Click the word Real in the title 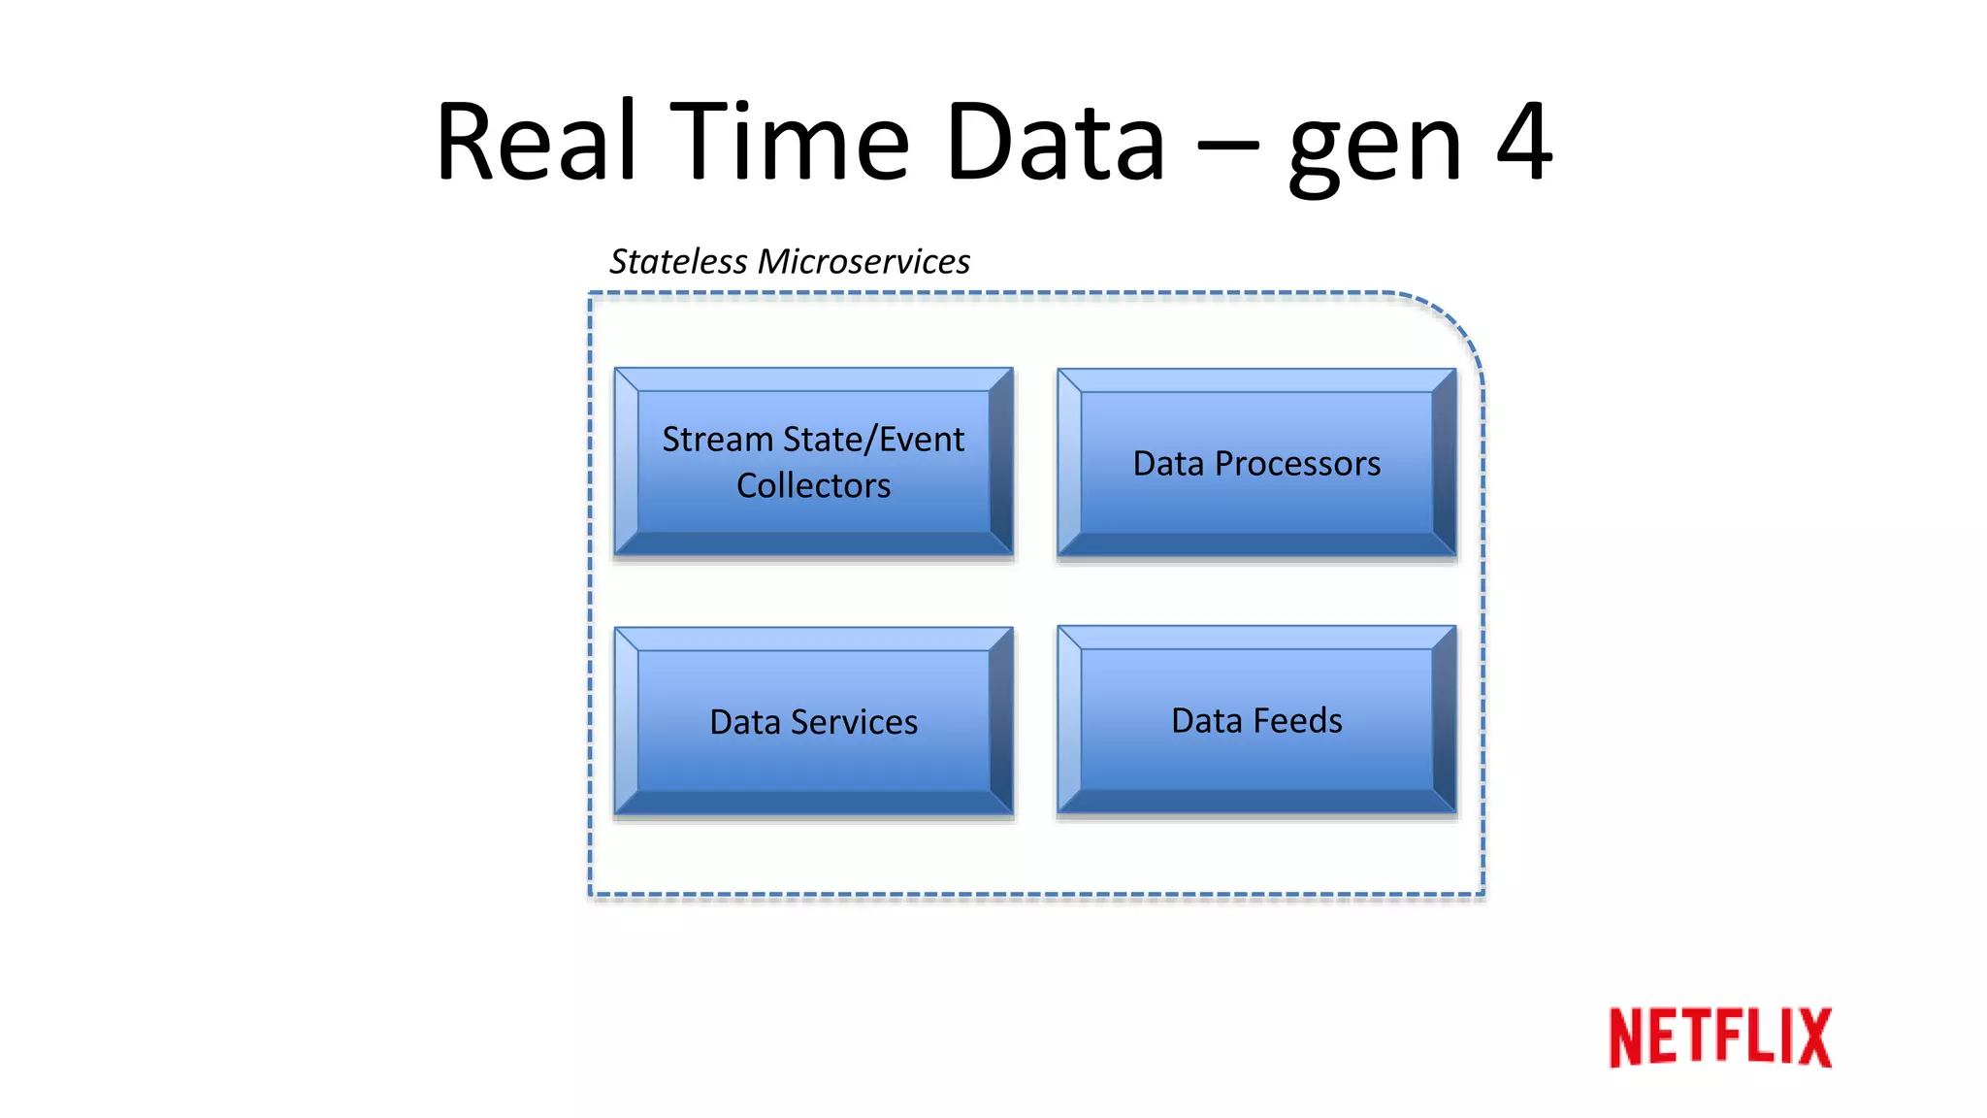tap(537, 143)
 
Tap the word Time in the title tap(790, 143)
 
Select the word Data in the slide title tap(1055, 143)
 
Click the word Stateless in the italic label tap(678, 262)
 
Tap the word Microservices tap(863, 262)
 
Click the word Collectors tap(813, 485)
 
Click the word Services tap(854, 722)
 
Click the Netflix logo tap(1719, 1037)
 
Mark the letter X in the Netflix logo tap(1811, 1037)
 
